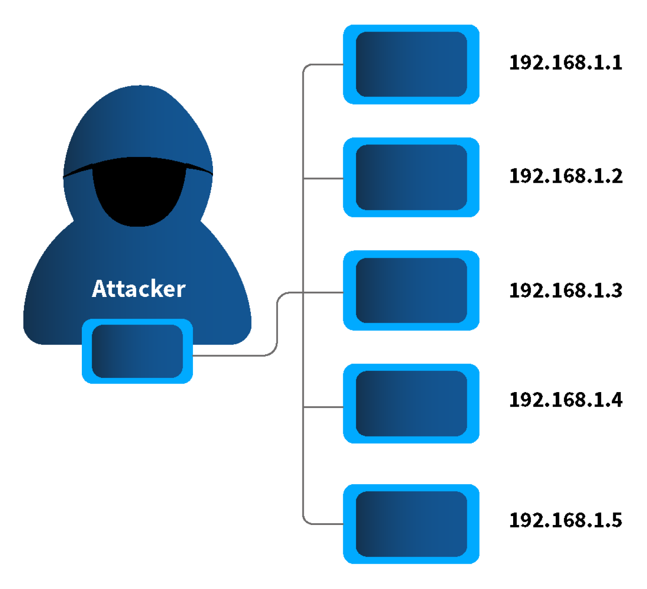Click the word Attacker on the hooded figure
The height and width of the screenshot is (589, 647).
click(x=138, y=289)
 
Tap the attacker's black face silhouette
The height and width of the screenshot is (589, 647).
click(x=139, y=196)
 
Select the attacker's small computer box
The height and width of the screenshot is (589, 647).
click(x=137, y=351)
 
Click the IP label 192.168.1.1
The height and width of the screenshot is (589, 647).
click(x=565, y=63)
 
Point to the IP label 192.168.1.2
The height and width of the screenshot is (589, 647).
click(x=565, y=176)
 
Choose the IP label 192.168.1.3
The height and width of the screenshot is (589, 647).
click(x=565, y=291)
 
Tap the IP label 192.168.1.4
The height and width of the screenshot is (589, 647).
click(x=565, y=400)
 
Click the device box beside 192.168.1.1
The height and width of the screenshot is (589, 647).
click(x=411, y=64)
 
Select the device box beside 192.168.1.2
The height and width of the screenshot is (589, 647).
click(x=411, y=177)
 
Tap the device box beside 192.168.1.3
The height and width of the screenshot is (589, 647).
click(x=411, y=290)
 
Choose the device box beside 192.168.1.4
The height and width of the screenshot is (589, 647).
click(x=411, y=404)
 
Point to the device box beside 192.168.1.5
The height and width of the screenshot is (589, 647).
click(x=411, y=524)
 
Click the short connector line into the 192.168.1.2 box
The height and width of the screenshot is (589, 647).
click(x=323, y=179)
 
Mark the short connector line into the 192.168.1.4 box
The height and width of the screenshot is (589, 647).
click(x=323, y=407)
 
